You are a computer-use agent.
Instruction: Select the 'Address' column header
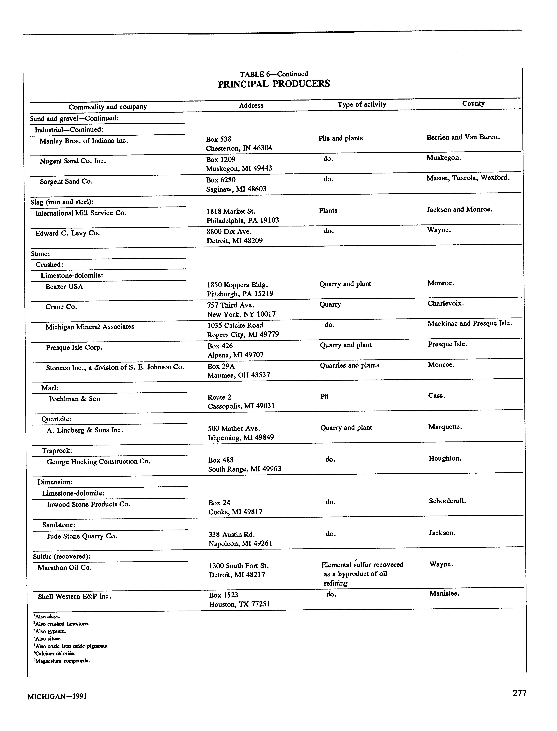(x=251, y=105)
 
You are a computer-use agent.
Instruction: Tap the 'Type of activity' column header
(x=362, y=104)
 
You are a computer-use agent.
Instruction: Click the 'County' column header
(x=473, y=103)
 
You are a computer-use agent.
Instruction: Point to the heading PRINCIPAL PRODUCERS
(x=274, y=84)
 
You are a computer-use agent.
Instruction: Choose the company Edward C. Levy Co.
(x=68, y=233)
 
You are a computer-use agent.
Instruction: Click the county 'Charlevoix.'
(x=445, y=303)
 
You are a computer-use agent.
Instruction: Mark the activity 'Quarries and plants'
(x=349, y=365)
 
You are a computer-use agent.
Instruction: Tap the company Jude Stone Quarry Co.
(x=82, y=536)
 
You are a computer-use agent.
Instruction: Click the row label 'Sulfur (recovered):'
(x=62, y=556)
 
